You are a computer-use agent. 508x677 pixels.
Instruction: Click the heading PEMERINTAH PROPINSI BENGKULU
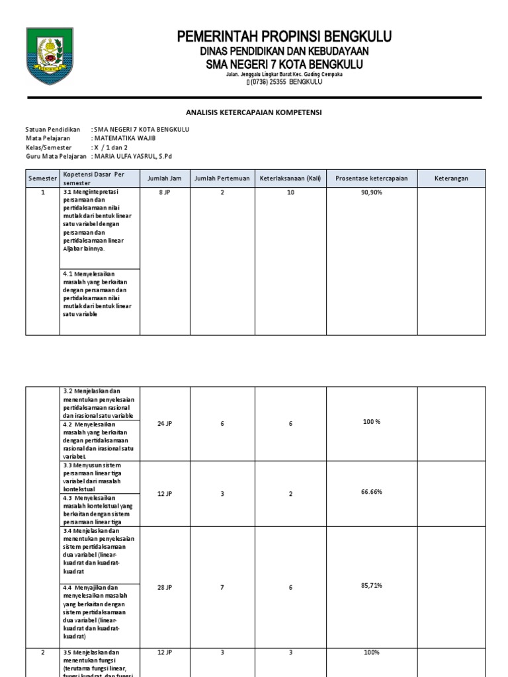284,36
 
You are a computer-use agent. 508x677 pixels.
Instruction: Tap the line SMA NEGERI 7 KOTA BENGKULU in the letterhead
284,64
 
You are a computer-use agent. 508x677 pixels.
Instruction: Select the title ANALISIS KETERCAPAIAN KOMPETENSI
254,112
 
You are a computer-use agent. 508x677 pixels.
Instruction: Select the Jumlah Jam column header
165,179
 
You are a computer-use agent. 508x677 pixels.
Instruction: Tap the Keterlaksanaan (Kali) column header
290,179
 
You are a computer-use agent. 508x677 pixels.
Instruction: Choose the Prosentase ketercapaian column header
372,179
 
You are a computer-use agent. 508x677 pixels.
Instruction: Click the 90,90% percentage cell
372,192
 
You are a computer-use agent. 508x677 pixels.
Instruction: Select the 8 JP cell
165,192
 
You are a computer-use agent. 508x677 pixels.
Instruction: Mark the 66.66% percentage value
372,493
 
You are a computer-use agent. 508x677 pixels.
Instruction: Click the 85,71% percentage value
372,586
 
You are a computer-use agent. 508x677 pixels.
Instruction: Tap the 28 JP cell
165,587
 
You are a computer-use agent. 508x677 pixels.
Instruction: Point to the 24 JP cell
165,423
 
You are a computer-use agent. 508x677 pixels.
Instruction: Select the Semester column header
42,179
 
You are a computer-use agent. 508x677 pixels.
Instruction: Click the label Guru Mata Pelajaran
56,157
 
